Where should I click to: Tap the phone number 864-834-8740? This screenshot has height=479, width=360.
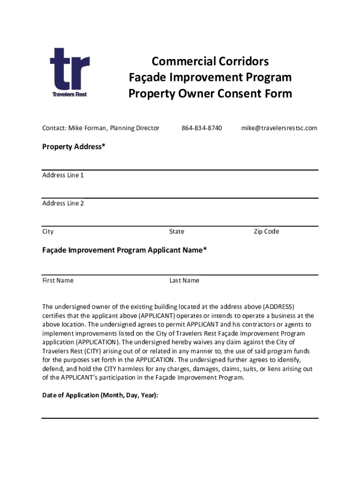coord(202,128)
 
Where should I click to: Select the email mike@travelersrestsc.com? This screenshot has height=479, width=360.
coord(279,128)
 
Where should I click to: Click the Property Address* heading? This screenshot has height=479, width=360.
coord(74,147)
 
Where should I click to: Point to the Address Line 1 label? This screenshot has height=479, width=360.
coord(63,175)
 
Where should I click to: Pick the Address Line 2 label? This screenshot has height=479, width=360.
coord(63,203)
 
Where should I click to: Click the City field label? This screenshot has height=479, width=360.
coord(48,232)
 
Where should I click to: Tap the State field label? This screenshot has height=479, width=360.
coord(177,232)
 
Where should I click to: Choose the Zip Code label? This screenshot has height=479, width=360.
coord(266,232)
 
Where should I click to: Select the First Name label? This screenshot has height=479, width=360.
coord(58,281)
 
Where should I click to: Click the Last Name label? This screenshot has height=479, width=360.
coord(184,281)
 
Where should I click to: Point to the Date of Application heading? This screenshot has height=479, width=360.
coord(100,395)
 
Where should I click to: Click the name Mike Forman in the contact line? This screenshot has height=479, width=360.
coord(87,128)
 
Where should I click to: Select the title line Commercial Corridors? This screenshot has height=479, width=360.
coord(210,62)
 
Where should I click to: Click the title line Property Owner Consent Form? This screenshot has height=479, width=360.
coord(210,94)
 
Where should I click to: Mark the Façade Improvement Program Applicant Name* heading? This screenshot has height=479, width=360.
coord(124,250)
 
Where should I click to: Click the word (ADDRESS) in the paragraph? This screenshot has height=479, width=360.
coord(279,307)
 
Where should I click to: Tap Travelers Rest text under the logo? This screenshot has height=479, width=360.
coord(69,94)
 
